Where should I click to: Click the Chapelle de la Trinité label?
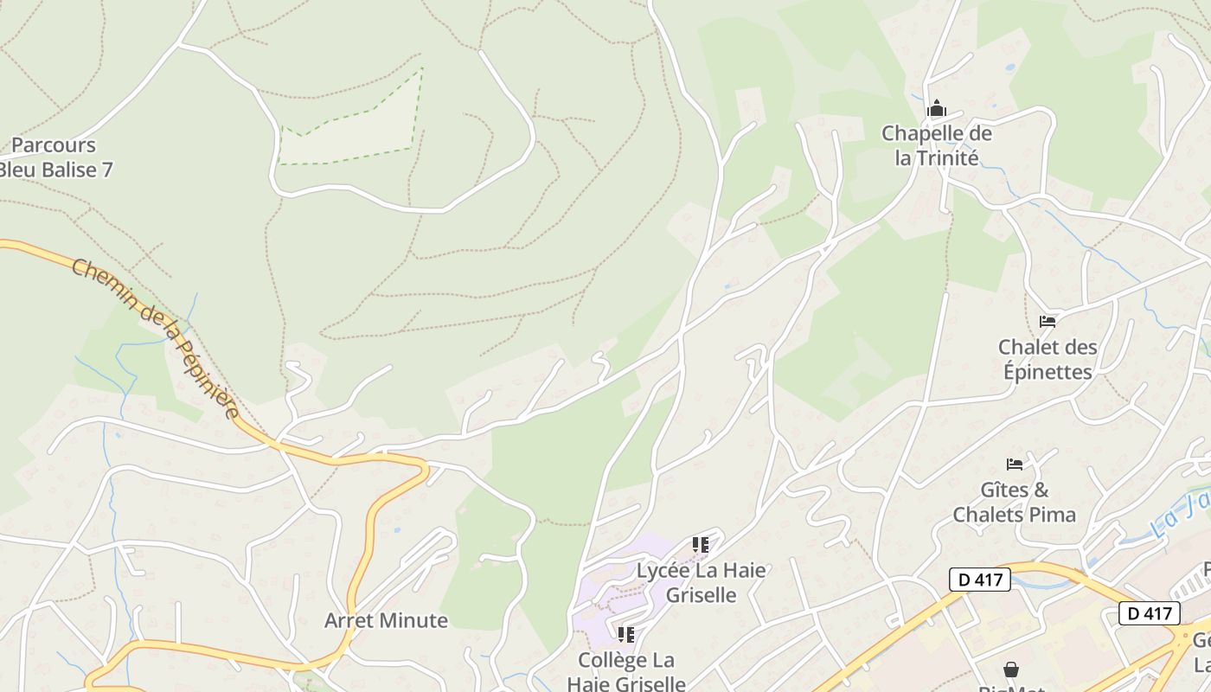936,146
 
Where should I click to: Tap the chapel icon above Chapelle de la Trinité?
936,110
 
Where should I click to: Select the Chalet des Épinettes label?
1048,359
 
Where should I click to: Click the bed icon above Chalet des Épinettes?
1048,322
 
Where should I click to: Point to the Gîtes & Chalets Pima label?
1015,503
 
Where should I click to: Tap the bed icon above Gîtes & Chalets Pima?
1015,465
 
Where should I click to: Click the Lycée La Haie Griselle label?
701,582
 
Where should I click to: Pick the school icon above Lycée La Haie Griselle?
701,545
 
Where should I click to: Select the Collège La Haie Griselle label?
626,671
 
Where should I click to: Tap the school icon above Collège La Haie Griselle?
626,635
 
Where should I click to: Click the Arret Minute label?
386,620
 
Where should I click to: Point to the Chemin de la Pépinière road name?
155,338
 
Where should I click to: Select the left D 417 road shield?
980,579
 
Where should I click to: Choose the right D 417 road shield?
1150,613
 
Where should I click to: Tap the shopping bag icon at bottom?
1010,670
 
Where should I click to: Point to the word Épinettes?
1048,372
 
